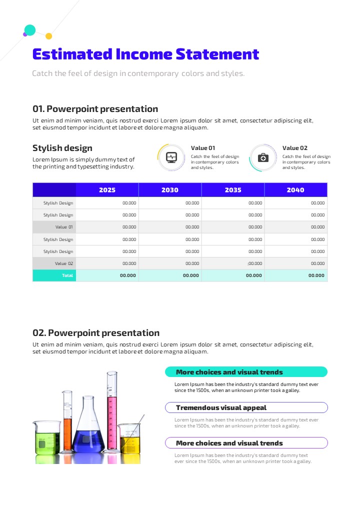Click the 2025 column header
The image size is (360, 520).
point(107,190)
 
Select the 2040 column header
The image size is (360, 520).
point(295,190)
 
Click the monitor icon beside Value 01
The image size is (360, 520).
point(171,157)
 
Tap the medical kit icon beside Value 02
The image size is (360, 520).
point(263,157)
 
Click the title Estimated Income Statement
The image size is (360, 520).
point(145,54)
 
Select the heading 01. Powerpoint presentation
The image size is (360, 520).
point(95,109)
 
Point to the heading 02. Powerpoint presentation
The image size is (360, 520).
point(96,333)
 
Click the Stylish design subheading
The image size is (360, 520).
point(62,148)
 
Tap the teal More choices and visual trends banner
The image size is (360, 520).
point(246,372)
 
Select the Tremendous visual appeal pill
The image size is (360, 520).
point(246,407)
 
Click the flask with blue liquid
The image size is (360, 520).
point(88,435)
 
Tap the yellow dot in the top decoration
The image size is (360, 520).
point(48,36)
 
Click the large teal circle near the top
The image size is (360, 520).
point(30,30)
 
